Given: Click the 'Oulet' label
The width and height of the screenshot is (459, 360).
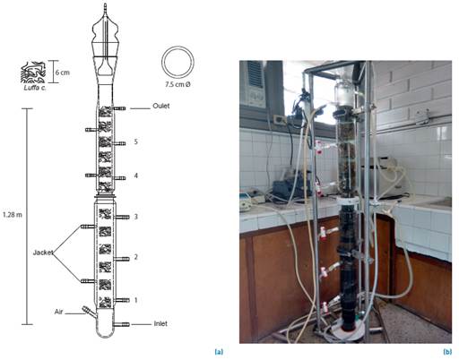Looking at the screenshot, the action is click(161, 106).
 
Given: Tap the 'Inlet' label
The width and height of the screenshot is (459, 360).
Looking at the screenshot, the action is click(160, 323).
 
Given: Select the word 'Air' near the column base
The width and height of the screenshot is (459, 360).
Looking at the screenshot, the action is click(58, 312).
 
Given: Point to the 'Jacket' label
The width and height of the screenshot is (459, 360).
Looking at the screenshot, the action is click(43, 253).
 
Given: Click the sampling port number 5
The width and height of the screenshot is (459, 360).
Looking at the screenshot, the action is click(136, 141).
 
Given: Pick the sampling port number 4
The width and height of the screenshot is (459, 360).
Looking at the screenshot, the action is click(136, 176).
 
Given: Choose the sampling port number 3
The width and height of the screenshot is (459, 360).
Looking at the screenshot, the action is click(136, 217).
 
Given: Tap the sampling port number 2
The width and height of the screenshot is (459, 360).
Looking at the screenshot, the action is click(136, 257).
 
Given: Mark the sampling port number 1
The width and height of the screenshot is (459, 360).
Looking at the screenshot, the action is click(136, 300).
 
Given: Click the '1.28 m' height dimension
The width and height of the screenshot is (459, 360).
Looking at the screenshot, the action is click(13, 215).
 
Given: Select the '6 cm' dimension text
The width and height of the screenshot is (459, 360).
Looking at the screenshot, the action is click(63, 73).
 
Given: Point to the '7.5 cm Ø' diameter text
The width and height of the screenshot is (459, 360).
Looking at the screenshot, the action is click(178, 84).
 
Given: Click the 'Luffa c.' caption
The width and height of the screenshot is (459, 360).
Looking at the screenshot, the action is click(35, 88).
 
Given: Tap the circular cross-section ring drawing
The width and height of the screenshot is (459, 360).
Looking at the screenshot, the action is click(178, 47).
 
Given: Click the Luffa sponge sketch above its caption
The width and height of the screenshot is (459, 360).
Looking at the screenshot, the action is click(33, 73).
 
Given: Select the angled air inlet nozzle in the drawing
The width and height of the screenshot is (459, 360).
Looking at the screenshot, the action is click(89, 311).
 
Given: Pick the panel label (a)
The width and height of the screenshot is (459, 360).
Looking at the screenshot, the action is click(219, 352).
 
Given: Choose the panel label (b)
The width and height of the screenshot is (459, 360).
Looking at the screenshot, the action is click(447, 352).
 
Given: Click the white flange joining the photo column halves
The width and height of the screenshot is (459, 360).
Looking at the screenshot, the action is click(348, 201).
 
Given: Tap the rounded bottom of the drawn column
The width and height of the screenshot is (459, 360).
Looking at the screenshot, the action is click(105, 334).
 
